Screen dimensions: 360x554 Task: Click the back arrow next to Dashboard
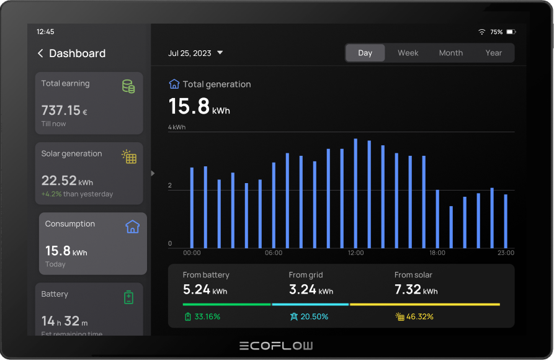pos(40,53)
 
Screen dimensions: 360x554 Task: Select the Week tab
pos(408,53)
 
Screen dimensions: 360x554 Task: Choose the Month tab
pos(450,53)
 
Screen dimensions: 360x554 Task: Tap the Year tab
pos(493,53)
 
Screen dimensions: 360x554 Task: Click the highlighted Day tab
pos(365,53)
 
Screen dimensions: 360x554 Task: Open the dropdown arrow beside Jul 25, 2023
pos(220,53)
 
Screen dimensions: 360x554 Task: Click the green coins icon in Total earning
pos(128,86)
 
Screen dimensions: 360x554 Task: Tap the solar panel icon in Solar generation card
pos(129,156)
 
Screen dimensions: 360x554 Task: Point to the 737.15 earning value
pos(61,110)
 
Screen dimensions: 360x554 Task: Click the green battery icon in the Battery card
pos(128,297)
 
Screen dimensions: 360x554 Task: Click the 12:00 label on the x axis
pos(355,253)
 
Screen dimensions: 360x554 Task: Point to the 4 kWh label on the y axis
pos(177,127)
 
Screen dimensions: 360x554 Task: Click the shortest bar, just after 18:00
pos(451,227)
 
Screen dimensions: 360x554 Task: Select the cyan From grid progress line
pos(310,304)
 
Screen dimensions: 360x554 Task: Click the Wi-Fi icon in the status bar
pos(481,32)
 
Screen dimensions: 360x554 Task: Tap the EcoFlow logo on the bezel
pos(277,346)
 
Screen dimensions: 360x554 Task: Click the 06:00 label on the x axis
pos(274,253)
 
